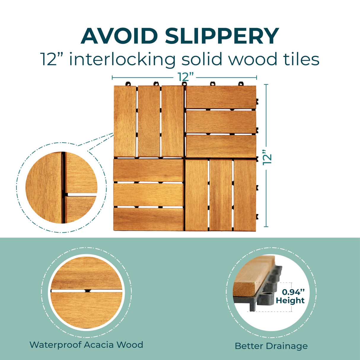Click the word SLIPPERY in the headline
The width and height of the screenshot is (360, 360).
(222, 36)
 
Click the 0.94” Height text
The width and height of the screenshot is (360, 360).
(290, 296)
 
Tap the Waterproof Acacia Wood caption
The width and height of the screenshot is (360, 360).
(86, 345)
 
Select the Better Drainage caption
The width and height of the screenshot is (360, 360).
(271, 346)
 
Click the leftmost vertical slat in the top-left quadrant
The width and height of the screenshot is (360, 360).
(125, 122)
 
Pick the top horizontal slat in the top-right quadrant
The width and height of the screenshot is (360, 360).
(221, 97)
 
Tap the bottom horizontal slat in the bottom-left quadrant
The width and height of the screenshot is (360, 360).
(148, 219)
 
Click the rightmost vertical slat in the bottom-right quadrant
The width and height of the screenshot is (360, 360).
(245, 196)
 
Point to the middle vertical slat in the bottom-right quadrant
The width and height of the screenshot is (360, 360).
(221, 196)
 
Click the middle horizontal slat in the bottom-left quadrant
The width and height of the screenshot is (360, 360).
(148, 195)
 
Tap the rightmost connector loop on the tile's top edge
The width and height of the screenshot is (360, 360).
(241, 84)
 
